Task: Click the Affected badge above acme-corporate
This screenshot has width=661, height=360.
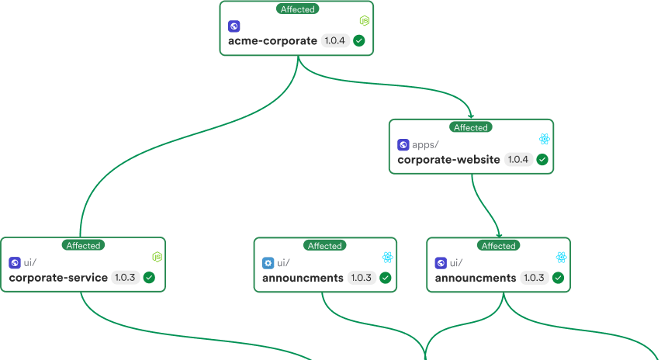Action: [297, 9]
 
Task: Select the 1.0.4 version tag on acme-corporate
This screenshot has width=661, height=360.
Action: [334, 41]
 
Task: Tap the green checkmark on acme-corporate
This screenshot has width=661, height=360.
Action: [359, 41]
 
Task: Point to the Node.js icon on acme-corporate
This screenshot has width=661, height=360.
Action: [364, 20]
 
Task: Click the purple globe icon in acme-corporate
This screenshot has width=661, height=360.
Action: [234, 26]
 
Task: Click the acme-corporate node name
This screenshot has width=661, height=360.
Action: [272, 41]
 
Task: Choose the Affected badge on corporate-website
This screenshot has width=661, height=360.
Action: [471, 127]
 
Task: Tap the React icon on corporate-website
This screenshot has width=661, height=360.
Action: [545, 139]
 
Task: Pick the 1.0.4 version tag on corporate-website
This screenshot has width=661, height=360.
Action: [517, 160]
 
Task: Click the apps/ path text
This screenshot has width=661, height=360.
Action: [425, 144]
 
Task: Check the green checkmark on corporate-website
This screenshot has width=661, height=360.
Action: [542, 160]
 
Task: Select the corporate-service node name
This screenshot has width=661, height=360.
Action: [58, 278]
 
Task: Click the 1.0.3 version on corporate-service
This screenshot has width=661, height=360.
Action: [125, 278]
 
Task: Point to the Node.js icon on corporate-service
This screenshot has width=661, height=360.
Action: [157, 257]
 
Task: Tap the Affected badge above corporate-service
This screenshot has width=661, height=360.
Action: [83, 245]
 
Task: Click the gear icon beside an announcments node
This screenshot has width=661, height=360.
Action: [268, 262]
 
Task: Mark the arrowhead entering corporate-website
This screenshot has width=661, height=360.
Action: [471, 116]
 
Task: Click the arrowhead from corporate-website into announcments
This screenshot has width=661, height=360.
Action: [499, 234]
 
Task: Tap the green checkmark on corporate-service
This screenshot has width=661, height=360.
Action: [149, 278]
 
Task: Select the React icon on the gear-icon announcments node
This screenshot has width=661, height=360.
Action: [387, 257]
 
